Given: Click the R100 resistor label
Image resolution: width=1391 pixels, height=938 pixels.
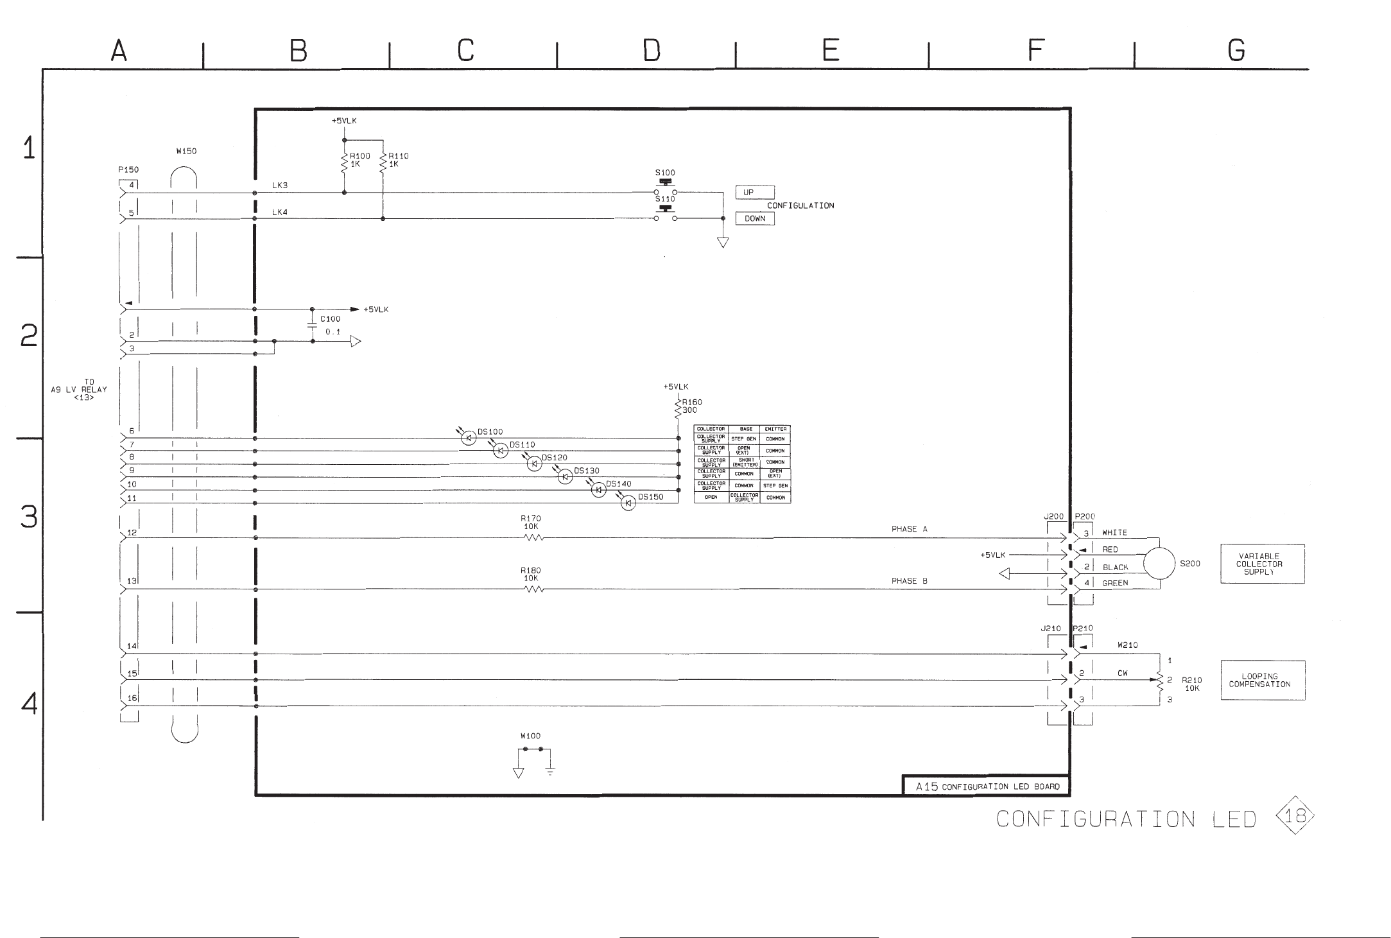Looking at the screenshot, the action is pyautogui.click(x=359, y=156).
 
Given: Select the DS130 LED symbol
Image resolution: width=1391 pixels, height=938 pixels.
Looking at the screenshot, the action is pyautogui.click(x=566, y=477).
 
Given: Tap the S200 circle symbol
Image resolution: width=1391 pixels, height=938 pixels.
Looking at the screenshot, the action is pyautogui.click(x=1159, y=564).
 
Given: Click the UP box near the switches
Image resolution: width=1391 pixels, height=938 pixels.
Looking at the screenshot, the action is pyautogui.click(x=754, y=193).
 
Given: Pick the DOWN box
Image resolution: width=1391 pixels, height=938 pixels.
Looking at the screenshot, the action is pyautogui.click(x=755, y=219).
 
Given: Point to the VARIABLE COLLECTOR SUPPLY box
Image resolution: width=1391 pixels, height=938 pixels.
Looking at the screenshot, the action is pyautogui.click(x=1262, y=564).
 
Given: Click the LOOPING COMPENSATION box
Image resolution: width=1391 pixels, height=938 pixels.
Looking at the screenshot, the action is pyautogui.click(x=1262, y=681).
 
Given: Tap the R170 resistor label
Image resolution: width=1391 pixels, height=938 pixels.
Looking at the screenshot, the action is pyautogui.click(x=531, y=518).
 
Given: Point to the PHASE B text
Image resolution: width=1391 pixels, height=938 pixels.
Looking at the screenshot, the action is pyautogui.click(x=909, y=581).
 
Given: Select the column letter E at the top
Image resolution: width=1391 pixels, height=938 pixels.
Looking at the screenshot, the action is pyautogui.click(x=831, y=50).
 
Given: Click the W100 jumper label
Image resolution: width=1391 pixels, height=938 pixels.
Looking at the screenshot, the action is pyautogui.click(x=530, y=736).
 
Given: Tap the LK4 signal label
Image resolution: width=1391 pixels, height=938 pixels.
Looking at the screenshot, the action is pyautogui.click(x=280, y=212).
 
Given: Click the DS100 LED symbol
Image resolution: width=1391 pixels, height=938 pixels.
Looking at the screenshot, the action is pyautogui.click(x=469, y=439).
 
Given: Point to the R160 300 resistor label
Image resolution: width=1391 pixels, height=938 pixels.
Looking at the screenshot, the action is pyautogui.click(x=691, y=406).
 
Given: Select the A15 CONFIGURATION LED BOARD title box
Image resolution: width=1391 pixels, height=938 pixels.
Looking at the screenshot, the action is pyautogui.click(x=987, y=786).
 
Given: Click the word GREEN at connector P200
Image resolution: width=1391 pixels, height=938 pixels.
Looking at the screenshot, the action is pyautogui.click(x=1115, y=583).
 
